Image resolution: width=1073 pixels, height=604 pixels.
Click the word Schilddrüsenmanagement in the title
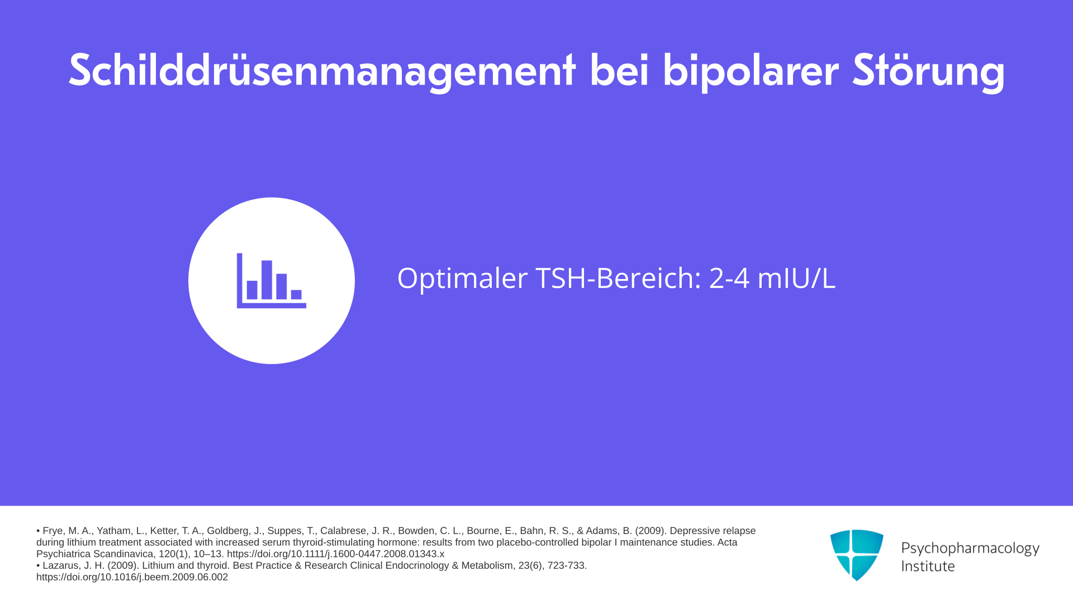[322, 72]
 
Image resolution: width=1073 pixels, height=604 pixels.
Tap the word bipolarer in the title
[751, 72]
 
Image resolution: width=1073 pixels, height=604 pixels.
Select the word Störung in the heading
[929, 72]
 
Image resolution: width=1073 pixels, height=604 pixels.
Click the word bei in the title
[619, 70]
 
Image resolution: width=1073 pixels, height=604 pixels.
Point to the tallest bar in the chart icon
[267, 280]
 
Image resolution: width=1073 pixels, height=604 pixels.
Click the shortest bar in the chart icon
[296, 295]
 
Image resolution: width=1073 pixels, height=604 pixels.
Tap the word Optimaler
[462, 279]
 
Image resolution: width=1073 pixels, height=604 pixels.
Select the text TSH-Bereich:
[618, 278]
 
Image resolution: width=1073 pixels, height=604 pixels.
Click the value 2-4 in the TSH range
[729, 278]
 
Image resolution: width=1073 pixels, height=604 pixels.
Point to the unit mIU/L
[796, 278]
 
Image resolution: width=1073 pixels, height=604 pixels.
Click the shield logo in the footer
[857, 555]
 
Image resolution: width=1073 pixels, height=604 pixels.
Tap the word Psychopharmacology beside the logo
[970, 549]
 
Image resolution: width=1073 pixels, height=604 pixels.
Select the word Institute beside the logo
[928, 566]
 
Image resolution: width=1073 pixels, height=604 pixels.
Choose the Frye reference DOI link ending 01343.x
[335, 554]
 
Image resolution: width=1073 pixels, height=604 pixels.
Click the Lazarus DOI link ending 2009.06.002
[132, 577]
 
